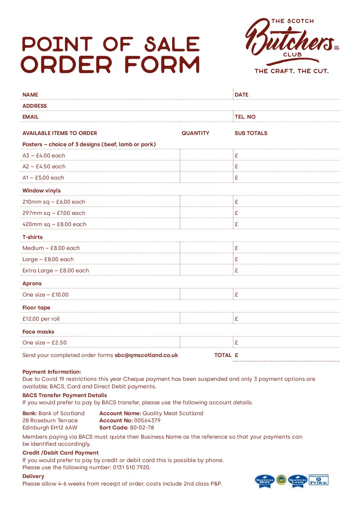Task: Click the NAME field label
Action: point(30,95)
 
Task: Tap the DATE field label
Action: point(242,95)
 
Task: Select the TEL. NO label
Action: point(245,117)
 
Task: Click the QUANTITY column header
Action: point(195,133)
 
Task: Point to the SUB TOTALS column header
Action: point(251,133)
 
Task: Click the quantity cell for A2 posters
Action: point(206,166)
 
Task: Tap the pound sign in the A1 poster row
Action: point(236,177)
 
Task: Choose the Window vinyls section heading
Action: point(42,190)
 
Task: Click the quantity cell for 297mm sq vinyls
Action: point(206,213)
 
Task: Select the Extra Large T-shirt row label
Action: point(56,270)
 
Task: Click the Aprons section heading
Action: point(32,283)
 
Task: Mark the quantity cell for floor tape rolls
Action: point(206,319)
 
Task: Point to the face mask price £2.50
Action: point(59,342)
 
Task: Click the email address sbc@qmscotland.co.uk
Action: point(146,355)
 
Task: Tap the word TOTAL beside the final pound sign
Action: point(223,355)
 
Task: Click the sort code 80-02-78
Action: point(142,427)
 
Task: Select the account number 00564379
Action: point(147,420)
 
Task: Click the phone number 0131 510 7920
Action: point(131,467)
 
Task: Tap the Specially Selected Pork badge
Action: point(318,480)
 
